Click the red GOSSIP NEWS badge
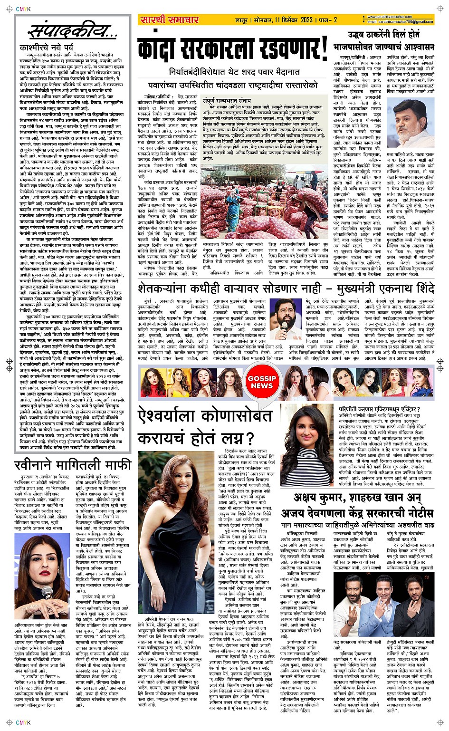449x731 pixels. pyautogui.click(x=262, y=382)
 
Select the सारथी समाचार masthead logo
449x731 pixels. pyautogui.click(x=169, y=19)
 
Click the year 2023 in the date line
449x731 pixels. pyautogui.click(x=306, y=19)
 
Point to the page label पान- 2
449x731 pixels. pyautogui.click(x=329, y=19)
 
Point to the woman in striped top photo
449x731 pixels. pyautogui.click(x=307, y=442)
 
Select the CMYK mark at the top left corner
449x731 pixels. pyautogui.click(x=23, y=8)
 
